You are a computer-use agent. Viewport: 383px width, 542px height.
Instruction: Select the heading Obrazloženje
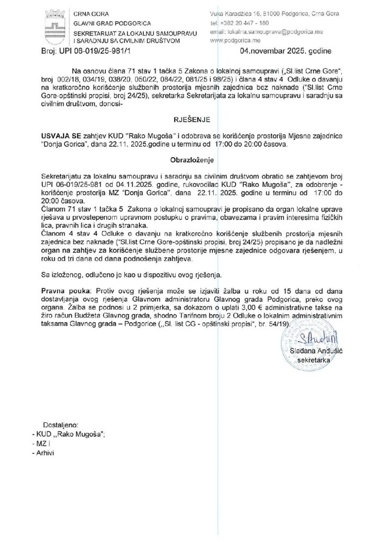[191, 159]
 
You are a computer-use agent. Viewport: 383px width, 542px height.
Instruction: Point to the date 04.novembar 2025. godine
[278, 52]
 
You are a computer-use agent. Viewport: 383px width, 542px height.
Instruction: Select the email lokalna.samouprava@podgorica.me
[259, 32]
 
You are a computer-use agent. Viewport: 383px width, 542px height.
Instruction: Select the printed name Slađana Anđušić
[316, 350]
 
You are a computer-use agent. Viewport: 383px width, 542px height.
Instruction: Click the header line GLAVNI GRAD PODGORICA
[112, 24]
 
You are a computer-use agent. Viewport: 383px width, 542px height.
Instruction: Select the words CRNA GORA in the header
[88, 14]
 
